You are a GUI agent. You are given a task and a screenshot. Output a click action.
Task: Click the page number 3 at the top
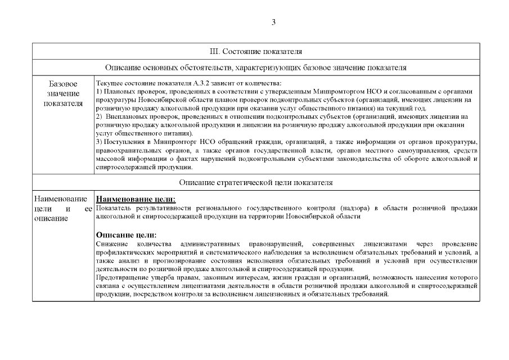(x=273, y=22)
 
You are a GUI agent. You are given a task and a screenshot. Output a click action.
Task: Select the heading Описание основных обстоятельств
(x=256, y=67)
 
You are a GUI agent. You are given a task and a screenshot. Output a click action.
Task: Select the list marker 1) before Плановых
(x=100, y=91)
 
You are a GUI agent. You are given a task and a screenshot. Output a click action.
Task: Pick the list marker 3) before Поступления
(x=100, y=141)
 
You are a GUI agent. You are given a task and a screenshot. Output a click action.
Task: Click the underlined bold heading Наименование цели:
(x=136, y=199)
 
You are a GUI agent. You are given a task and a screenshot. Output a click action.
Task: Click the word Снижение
(x=112, y=243)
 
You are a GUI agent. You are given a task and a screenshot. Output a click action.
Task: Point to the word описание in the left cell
(x=51, y=218)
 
